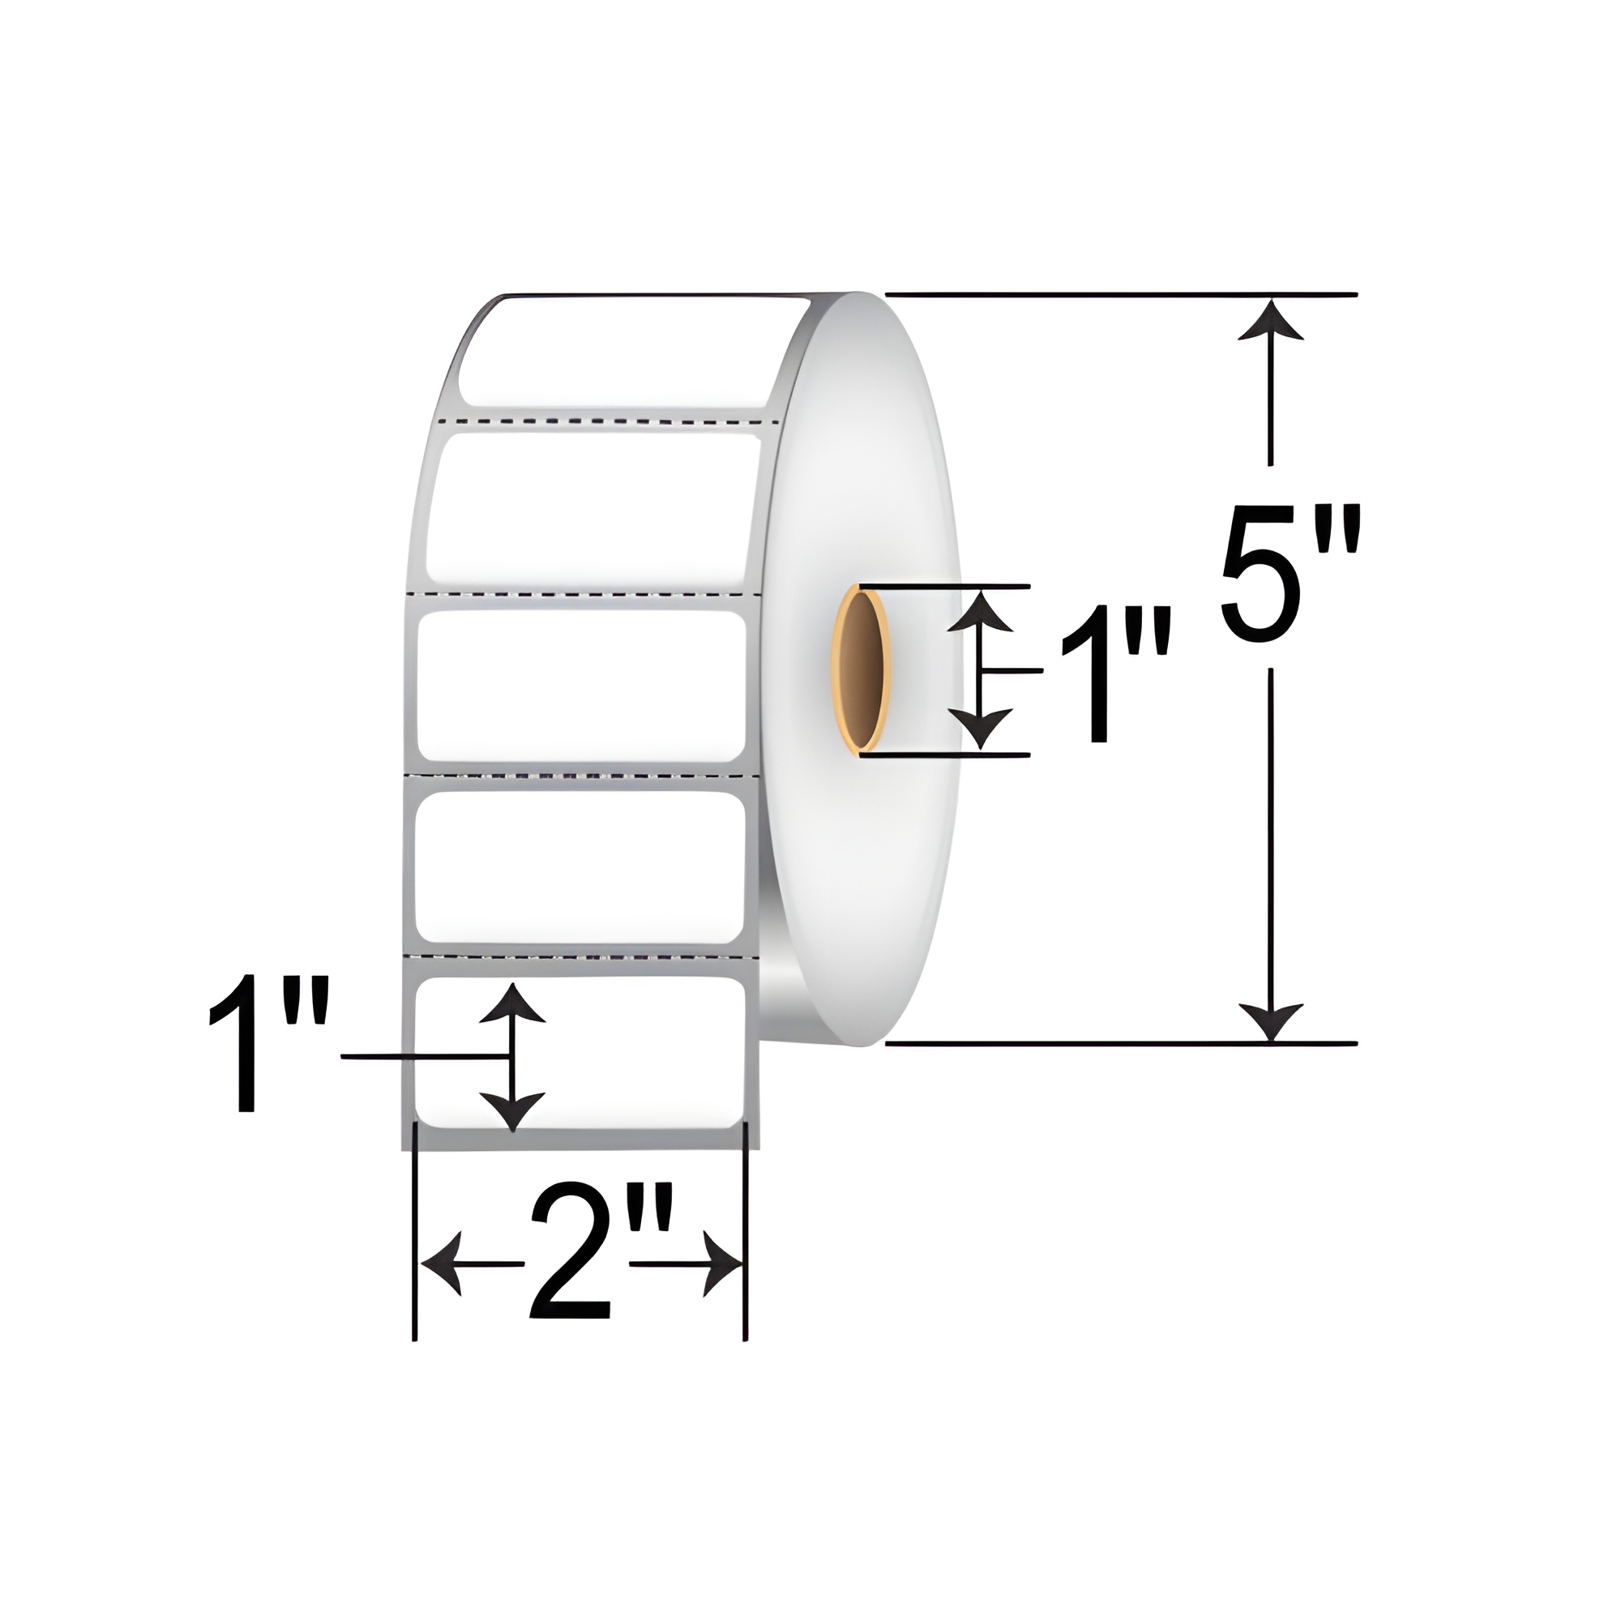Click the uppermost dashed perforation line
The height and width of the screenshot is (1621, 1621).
pos(609,419)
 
